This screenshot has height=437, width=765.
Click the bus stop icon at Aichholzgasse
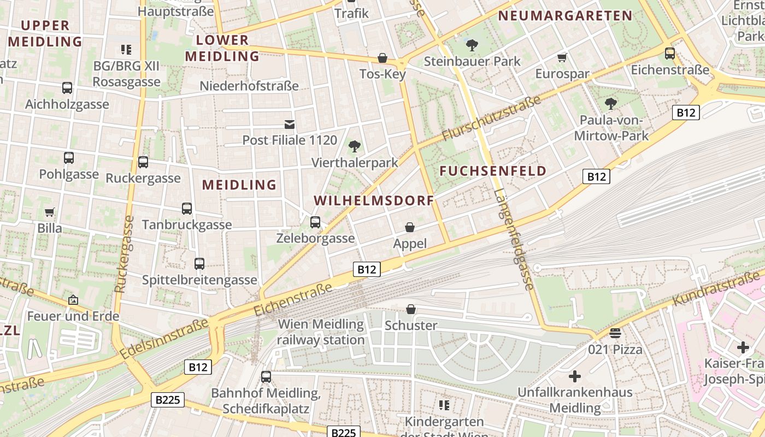[x=67, y=88]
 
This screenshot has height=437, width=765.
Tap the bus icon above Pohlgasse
[x=69, y=158]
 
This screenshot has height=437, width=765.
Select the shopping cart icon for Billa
[x=50, y=212]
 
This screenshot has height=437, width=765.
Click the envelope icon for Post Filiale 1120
[x=290, y=125]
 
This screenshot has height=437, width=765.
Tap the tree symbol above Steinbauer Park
[x=472, y=45]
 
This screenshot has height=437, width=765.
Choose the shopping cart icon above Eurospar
[x=562, y=58]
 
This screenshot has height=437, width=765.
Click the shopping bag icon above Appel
[x=410, y=227]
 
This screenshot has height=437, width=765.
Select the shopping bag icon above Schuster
[x=411, y=310]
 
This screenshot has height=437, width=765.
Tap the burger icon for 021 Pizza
[x=615, y=333]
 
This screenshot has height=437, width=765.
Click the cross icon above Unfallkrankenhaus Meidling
[x=575, y=376]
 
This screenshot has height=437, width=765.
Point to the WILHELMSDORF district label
[x=374, y=200]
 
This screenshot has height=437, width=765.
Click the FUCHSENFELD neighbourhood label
[x=493, y=171]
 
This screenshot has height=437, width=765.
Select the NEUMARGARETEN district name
[x=566, y=16]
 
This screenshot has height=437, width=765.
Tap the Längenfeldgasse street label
[x=513, y=239]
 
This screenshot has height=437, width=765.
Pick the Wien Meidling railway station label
[x=321, y=332]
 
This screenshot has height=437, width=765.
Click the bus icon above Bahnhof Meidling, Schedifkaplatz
[x=266, y=377]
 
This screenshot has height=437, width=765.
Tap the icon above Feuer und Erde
[x=73, y=300]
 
